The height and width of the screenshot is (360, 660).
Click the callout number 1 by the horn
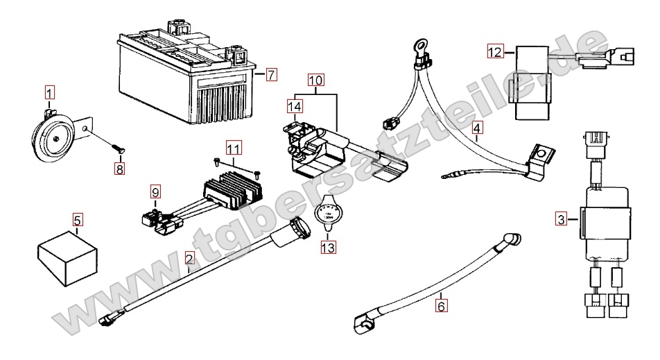tap(50, 91)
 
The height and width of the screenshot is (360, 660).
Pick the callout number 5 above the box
tap(78, 221)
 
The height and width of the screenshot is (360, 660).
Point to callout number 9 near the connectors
tap(155, 191)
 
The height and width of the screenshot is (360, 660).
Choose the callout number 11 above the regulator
tap(233, 148)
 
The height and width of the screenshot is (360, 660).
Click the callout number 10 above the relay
tap(316, 80)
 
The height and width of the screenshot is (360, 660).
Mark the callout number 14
tap(295, 105)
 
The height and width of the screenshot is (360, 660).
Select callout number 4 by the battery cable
tap(477, 128)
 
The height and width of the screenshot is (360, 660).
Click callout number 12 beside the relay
tap(495, 51)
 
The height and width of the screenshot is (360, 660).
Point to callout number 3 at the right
tap(561, 221)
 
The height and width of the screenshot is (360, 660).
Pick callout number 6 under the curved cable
tap(442, 303)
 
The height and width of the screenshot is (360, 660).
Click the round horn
tap(55, 138)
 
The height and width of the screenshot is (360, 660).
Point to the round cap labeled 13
tap(327, 214)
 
